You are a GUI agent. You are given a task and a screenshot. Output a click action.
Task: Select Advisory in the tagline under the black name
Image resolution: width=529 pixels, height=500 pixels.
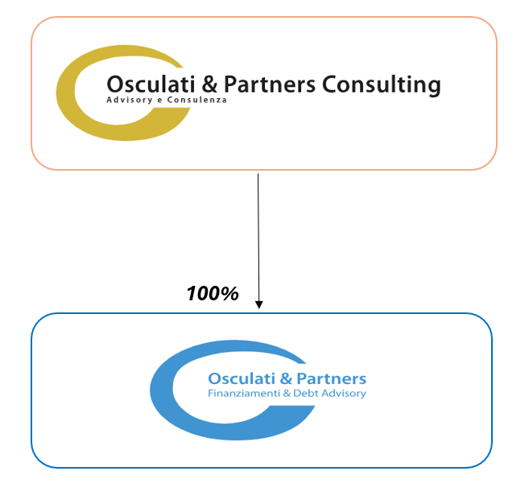(x=125, y=101)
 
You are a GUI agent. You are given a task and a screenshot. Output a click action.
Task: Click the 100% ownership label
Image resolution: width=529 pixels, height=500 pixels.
(x=213, y=294)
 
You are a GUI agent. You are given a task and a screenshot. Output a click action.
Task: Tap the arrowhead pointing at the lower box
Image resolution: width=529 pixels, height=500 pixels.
(x=258, y=305)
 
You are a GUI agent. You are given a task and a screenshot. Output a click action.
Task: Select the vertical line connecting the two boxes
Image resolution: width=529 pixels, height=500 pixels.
(x=258, y=233)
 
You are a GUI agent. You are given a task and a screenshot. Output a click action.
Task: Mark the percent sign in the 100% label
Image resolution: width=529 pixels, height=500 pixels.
(x=229, y=294)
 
